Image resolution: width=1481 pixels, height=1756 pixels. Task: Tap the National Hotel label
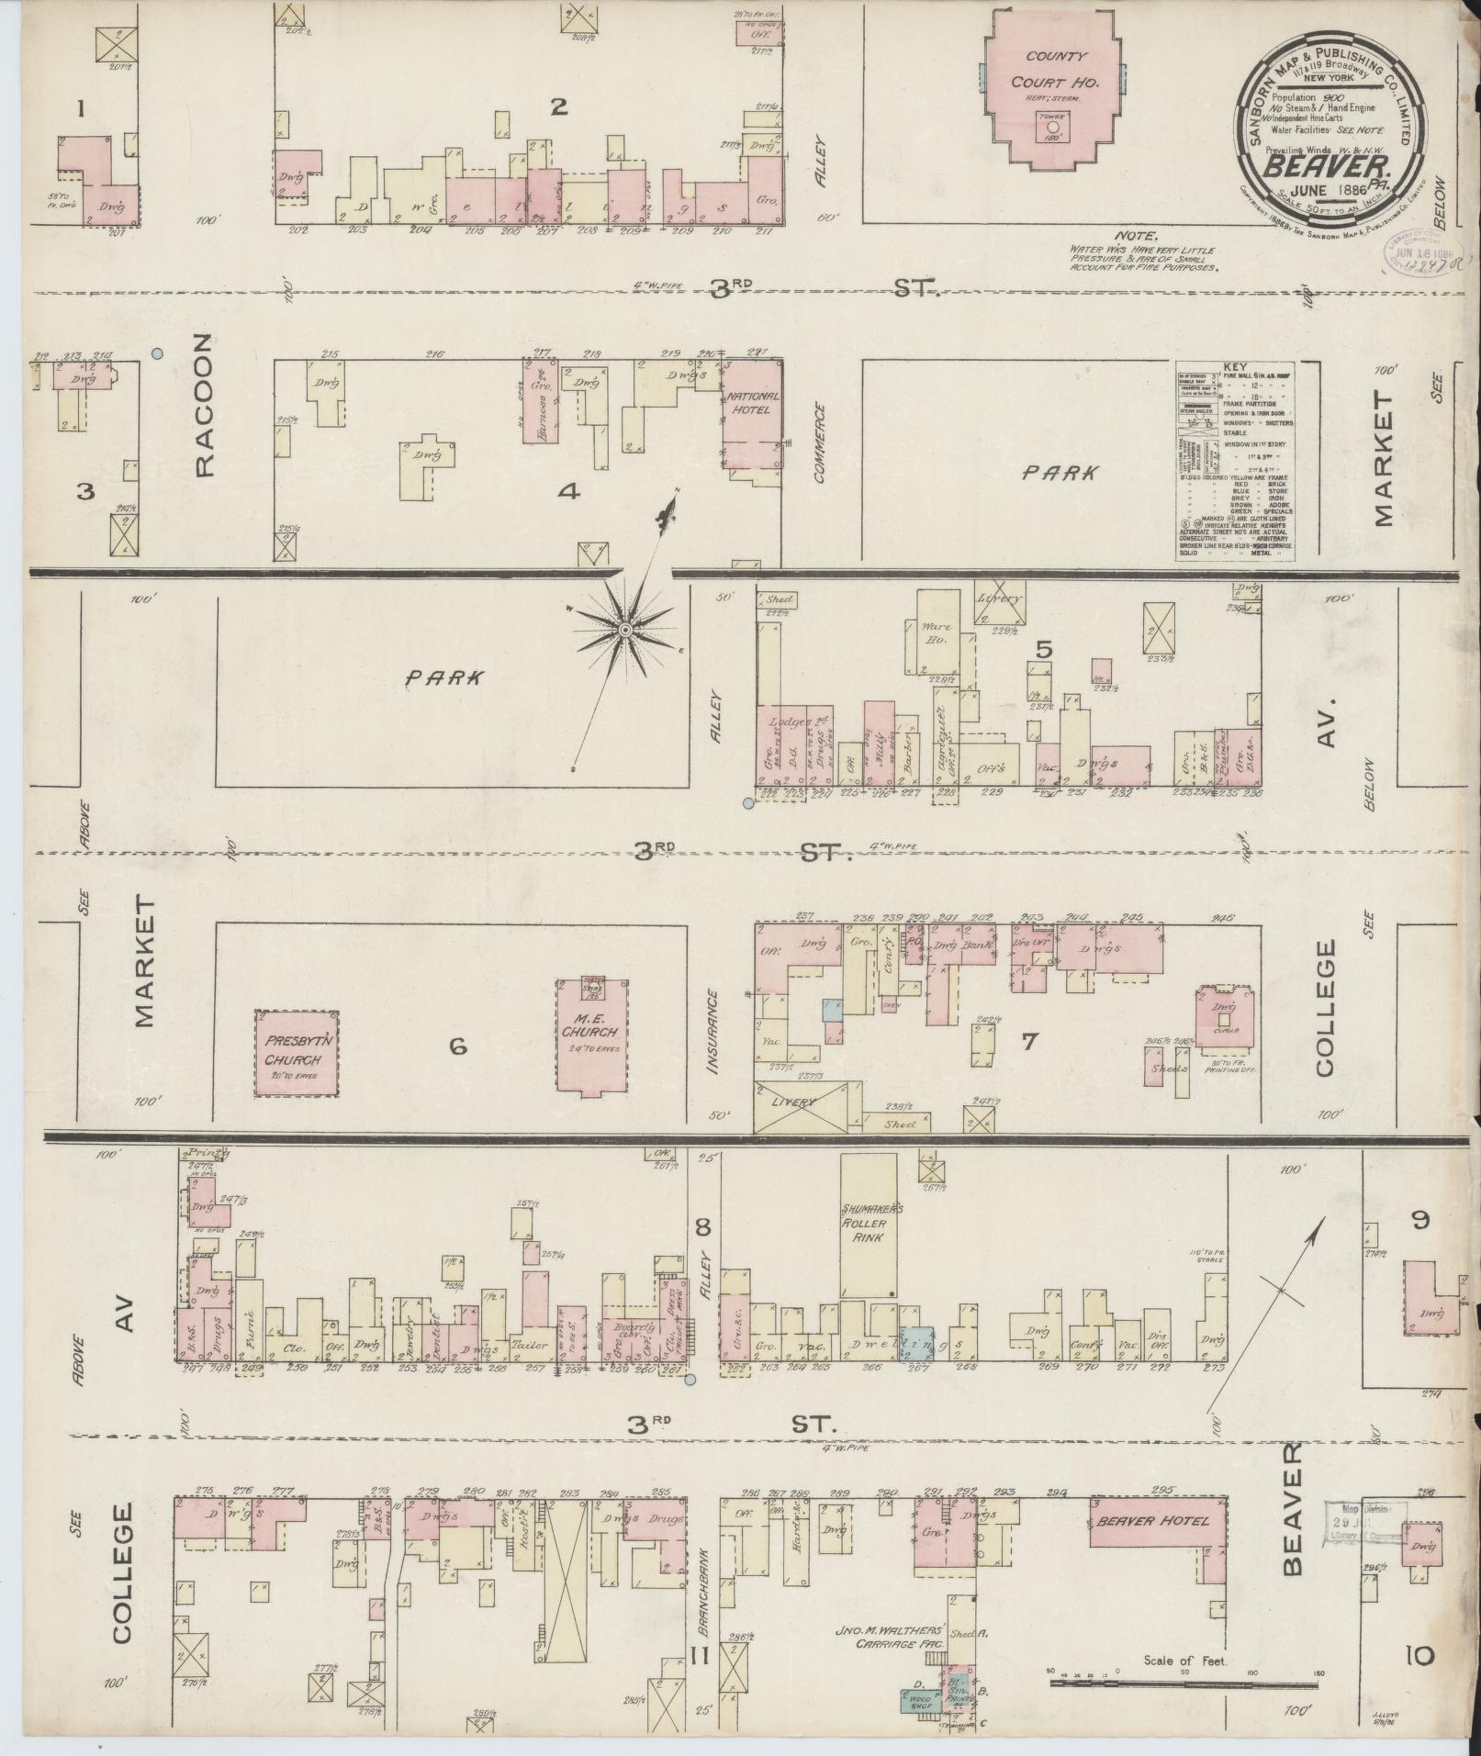[x=754, y=403]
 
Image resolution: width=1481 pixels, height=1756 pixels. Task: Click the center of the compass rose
[x=624, y=629]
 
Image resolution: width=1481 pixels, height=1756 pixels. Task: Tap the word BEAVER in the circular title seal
[x=1327, y=165]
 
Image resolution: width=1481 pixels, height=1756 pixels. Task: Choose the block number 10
[x=1419, y=1655]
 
